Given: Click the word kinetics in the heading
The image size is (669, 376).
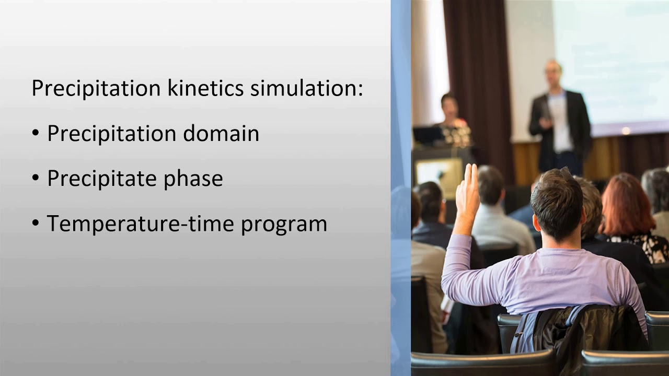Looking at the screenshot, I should coord(205,88).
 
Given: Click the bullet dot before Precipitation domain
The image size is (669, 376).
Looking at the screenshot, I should coord(36,134).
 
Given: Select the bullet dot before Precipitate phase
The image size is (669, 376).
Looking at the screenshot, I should coord(36,179).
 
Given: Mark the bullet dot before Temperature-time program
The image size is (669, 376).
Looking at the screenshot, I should coord(36,224).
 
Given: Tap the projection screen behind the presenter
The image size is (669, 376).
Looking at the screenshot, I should coord(612,57).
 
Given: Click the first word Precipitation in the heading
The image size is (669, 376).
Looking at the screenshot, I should coord(96,88).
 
